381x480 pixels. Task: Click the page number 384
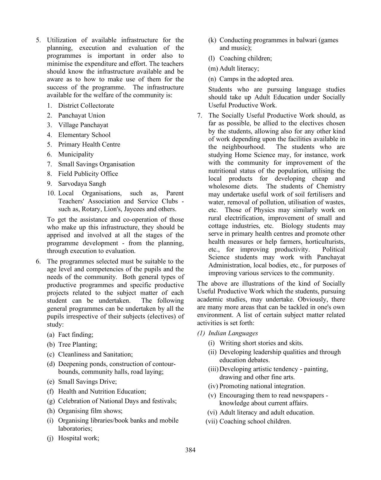point(190,450)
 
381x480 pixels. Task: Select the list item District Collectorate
point(86,106)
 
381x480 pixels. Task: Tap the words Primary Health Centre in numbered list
point(89,144)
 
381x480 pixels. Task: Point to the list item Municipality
point(76,154)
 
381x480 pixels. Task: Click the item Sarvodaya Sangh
point(82,184)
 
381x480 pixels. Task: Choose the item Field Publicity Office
point(88,174)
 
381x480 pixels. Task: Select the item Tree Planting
point(77,345)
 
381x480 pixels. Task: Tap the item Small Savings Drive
point(87,382)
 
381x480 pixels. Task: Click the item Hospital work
point(78,438)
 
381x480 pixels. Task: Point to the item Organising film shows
point(90,411)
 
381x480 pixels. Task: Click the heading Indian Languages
point(233,333)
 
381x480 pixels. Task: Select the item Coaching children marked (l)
point(245,58)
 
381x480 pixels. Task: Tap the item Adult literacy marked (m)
point(239,68)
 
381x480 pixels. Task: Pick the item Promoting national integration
point(262,386)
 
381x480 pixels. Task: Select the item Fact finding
point(76,335)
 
